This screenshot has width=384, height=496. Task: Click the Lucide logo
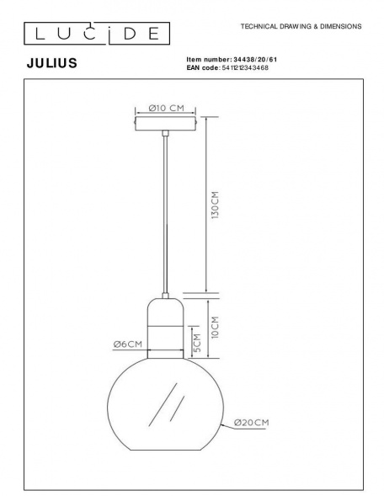tap(94, 33)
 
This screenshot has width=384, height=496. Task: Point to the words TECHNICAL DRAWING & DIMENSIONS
tap(301, 27)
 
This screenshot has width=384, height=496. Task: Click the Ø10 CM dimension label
tap(165, 108)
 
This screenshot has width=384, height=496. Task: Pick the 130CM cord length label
tap(216, 205)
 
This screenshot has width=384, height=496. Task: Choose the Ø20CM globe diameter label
tap(252, 422)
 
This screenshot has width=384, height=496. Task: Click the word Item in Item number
tap(194, 60)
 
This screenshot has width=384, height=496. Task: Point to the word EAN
tap(195, 67)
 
